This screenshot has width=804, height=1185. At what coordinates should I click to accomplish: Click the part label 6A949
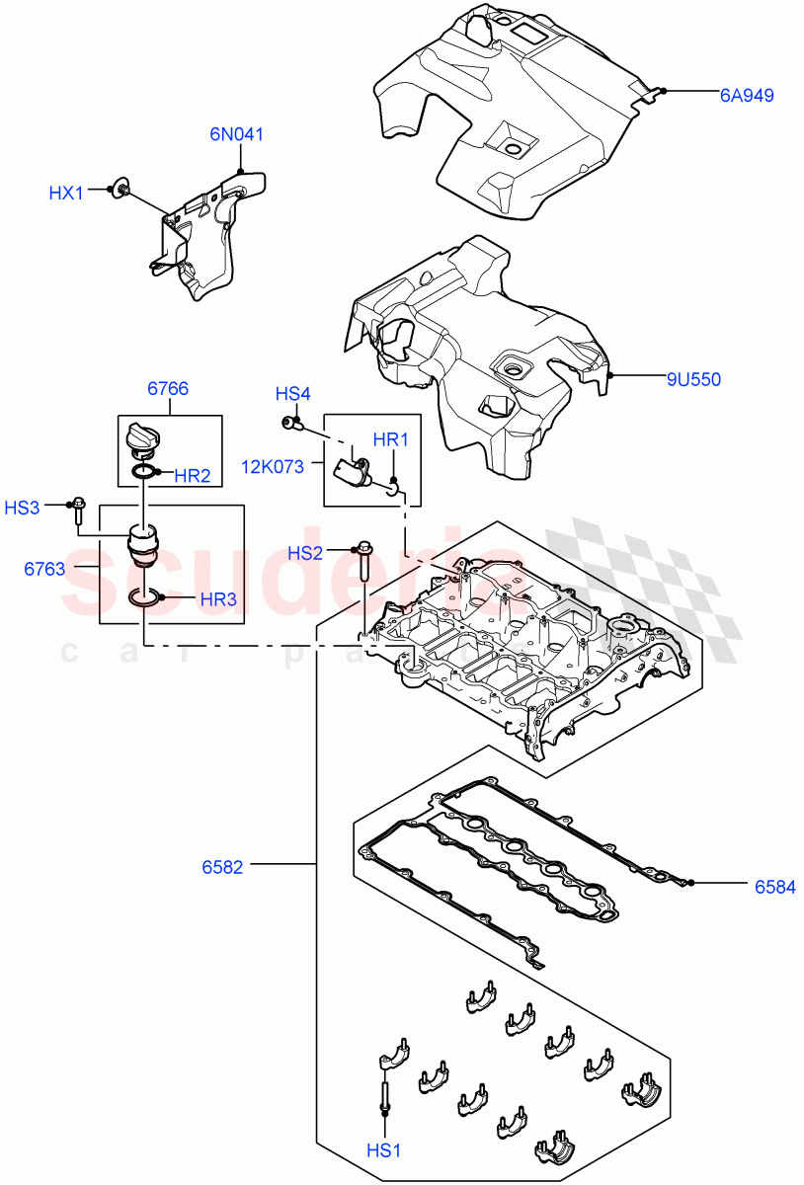pos(746,95)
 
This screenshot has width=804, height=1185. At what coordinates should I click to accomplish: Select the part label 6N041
pos(235,134)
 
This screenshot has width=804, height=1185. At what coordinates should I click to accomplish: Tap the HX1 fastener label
pos(67,193)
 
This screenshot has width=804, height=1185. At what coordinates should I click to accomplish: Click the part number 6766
pos(168,389)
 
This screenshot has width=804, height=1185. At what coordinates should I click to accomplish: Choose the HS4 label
pos(292,394)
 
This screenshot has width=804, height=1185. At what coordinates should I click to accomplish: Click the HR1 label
pos(390,438)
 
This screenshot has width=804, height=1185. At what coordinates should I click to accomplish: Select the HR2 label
pos(193,476)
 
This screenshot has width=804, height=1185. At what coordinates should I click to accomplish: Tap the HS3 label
pos(23,508)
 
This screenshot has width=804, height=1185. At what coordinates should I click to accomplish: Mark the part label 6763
pos(44,569)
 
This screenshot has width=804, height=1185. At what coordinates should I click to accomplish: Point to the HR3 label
pos(217,598)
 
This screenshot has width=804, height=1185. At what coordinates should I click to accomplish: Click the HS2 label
pos(305,553)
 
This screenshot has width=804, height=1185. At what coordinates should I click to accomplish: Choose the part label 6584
pos(774,887)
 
